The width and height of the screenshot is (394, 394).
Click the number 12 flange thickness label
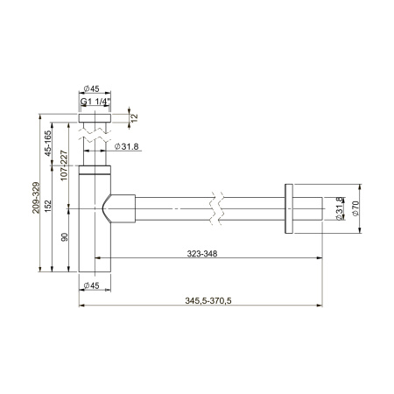133,117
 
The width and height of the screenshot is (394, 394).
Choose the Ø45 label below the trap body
94,286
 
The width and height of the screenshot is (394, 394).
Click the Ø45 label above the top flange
94,88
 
